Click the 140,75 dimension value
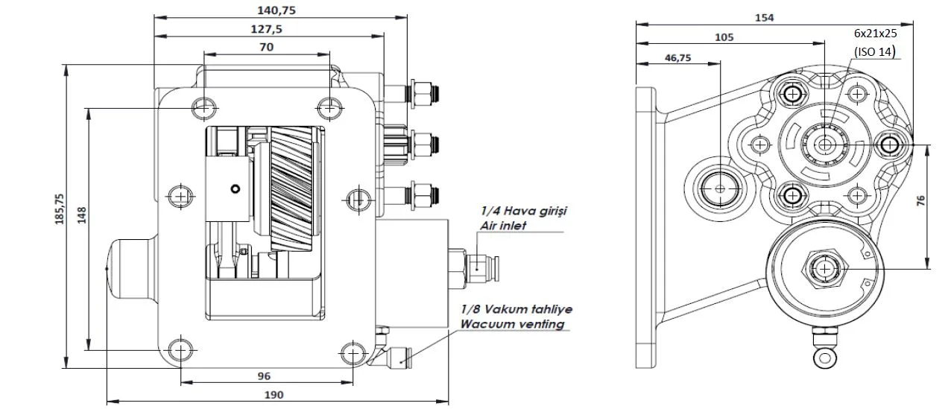(x=277, y=10)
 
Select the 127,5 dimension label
(x=266, y=29)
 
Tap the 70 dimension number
(x=266, y=47)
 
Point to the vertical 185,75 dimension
(x=60, y=209)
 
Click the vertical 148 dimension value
(x=81, y=215)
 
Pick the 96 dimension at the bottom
(x=264, y=376)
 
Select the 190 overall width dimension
(x=274, y=395)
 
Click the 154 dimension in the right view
(x=764, y=18)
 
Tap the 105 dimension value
(x=724, y=37)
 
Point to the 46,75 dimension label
(x=678, y=57)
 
